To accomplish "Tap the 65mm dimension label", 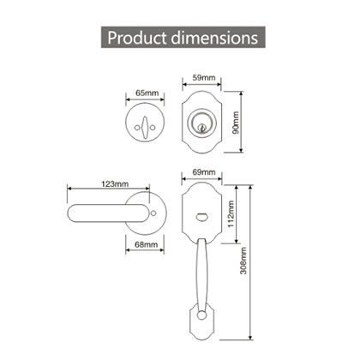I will click(147, 93).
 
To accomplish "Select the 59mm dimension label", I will click(202, 79).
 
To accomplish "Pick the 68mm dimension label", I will click(147, 244).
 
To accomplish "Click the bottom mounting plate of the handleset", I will click(202, 327).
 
